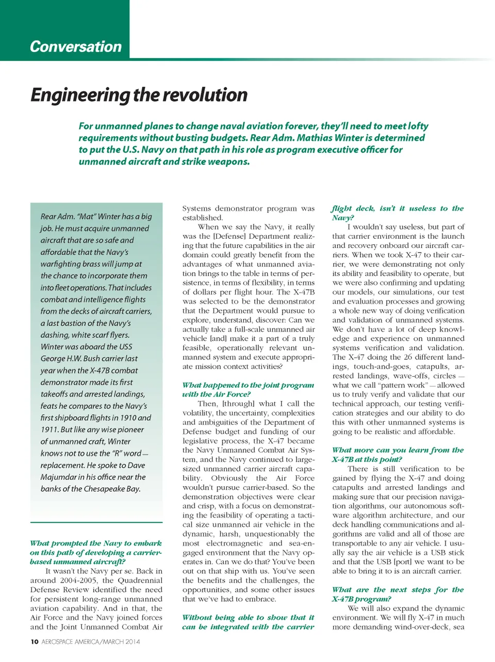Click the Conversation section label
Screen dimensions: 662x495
point(76,46)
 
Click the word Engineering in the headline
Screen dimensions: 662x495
point(80,95)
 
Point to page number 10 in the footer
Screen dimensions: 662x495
point(34,642)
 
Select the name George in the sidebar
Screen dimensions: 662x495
point(54,358)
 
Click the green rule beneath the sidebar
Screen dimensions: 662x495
point(96,523)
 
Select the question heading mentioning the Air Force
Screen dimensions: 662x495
point(247,390)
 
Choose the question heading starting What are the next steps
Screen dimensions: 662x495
point(398,594)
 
